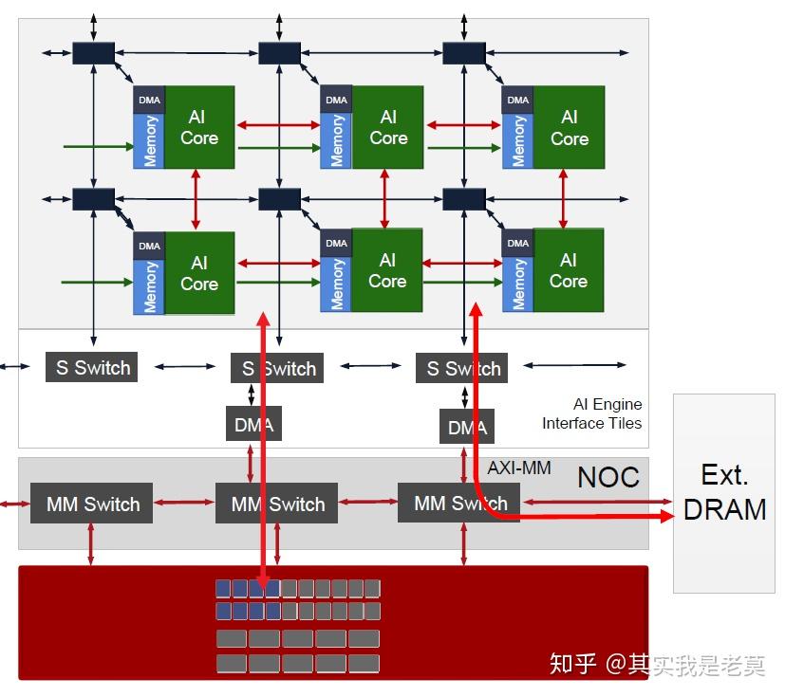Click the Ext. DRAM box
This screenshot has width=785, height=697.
724,493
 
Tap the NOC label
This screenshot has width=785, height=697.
607,477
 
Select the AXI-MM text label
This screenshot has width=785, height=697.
519,468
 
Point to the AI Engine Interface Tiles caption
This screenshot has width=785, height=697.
592,414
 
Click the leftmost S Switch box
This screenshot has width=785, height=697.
92,368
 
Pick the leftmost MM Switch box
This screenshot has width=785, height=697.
92,504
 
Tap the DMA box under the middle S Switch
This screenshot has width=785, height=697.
253,424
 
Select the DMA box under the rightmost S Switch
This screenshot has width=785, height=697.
467,427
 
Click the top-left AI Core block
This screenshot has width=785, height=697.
199,127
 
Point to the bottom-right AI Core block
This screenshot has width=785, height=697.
568,270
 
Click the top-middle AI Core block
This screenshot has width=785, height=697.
388,127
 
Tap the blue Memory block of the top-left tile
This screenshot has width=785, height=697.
149,140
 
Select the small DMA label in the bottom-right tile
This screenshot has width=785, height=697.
517,243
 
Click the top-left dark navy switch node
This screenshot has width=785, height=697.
93,52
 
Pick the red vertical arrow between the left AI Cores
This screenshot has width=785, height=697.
196,200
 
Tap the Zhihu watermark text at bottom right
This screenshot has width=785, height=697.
657,664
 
